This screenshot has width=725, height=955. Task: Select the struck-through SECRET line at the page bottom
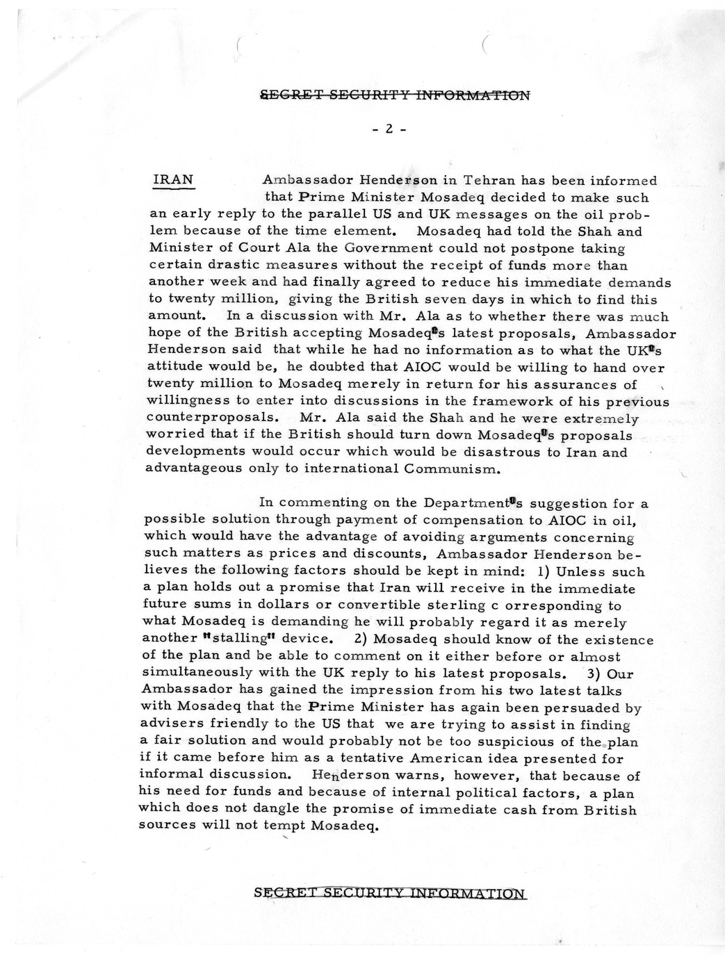390,893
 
